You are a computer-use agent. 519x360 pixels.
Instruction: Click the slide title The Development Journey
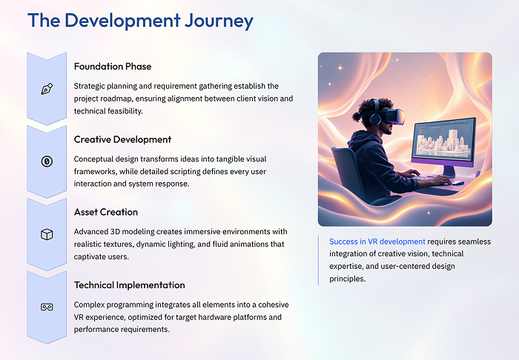(140, 21)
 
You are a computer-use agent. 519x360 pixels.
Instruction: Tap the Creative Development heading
(122, 139)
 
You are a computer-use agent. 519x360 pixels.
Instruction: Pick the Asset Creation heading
(106, 212)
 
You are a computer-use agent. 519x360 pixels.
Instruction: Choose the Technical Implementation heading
(130, 284)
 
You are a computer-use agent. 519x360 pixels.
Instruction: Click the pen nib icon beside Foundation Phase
(47, 89)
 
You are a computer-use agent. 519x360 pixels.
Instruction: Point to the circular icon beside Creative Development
(47, 161)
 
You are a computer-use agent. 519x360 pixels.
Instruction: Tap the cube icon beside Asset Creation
(47, 234)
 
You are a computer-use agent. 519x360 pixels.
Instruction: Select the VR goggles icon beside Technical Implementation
(47, 307)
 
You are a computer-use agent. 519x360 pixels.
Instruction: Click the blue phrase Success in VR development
(377, 241)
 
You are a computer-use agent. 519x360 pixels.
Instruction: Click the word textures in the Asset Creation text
(126, 244)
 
